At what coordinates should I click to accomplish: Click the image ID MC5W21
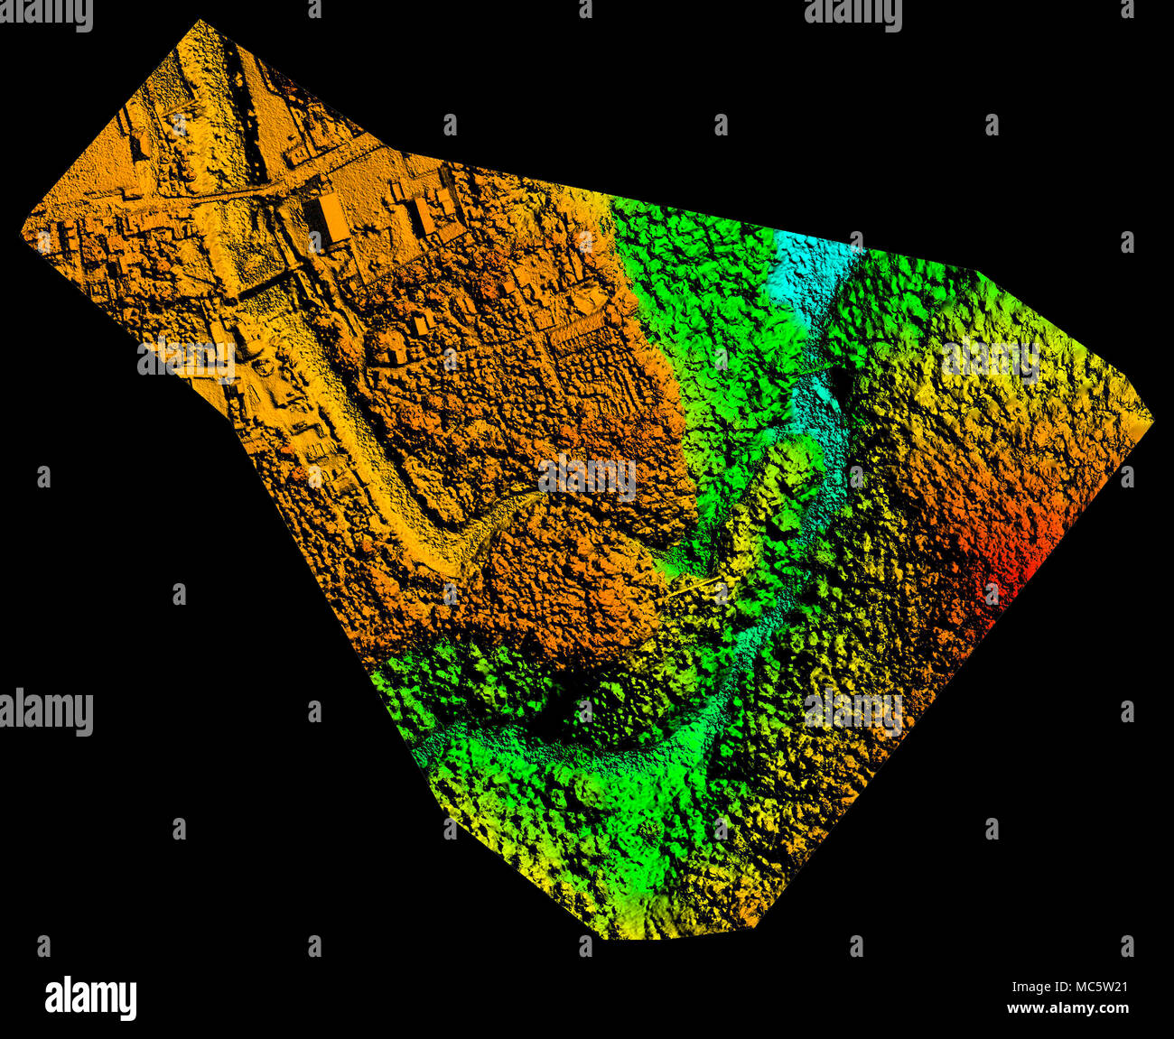(x=1095, y=987)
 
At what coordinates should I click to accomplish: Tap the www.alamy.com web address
(x=1067, y=1008)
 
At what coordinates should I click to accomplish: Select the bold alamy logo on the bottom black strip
(x=90, y=997)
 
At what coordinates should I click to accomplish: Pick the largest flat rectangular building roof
(x=332, y=217)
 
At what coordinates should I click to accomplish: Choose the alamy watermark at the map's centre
(x=587, y=476)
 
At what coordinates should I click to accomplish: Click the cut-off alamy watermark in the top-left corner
(x=46, y=13)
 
